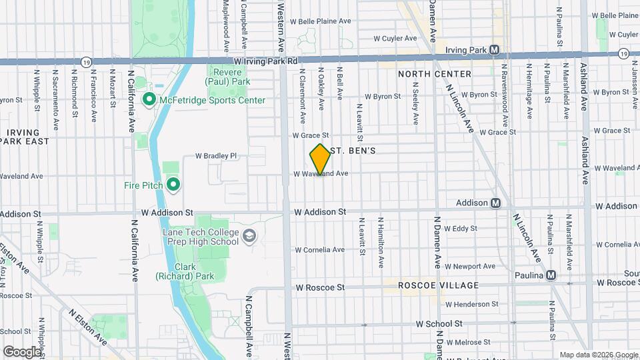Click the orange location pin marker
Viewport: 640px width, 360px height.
coord(320,160)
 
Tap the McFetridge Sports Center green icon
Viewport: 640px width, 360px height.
coord(149,100)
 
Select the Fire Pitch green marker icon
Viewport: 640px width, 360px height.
coord(173,185)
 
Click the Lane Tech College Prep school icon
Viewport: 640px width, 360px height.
coord(249,237)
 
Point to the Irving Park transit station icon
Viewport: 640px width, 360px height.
coord(494,50)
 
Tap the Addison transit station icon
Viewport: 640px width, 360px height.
coord(496,203)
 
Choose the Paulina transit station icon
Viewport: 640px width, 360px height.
coord(551,275)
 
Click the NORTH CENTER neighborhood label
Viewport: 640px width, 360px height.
coord(435,73)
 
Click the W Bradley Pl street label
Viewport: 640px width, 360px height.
coord(215,156)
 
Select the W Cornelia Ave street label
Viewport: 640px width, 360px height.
coord(320,250)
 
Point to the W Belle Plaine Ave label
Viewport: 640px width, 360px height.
coord(324,21)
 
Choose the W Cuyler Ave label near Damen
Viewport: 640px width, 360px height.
coord(395,39)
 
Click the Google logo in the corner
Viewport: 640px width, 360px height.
coord(22,351)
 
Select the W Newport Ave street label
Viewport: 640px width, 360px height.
coord(471,266)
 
